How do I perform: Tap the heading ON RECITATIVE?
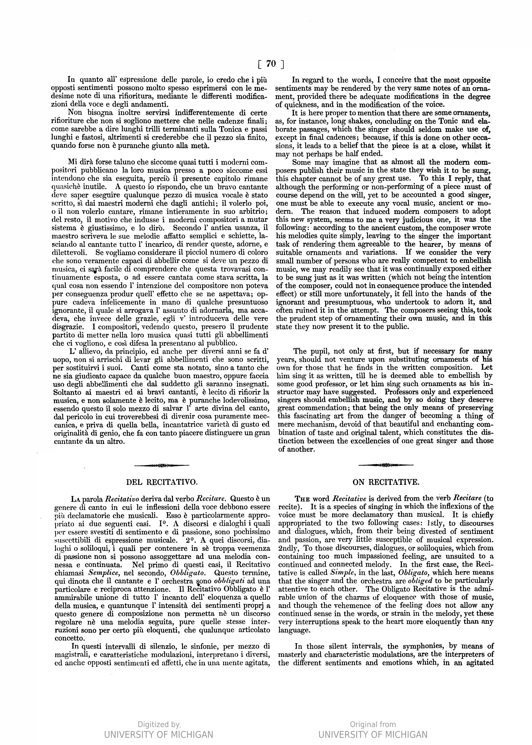coord(386,482)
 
